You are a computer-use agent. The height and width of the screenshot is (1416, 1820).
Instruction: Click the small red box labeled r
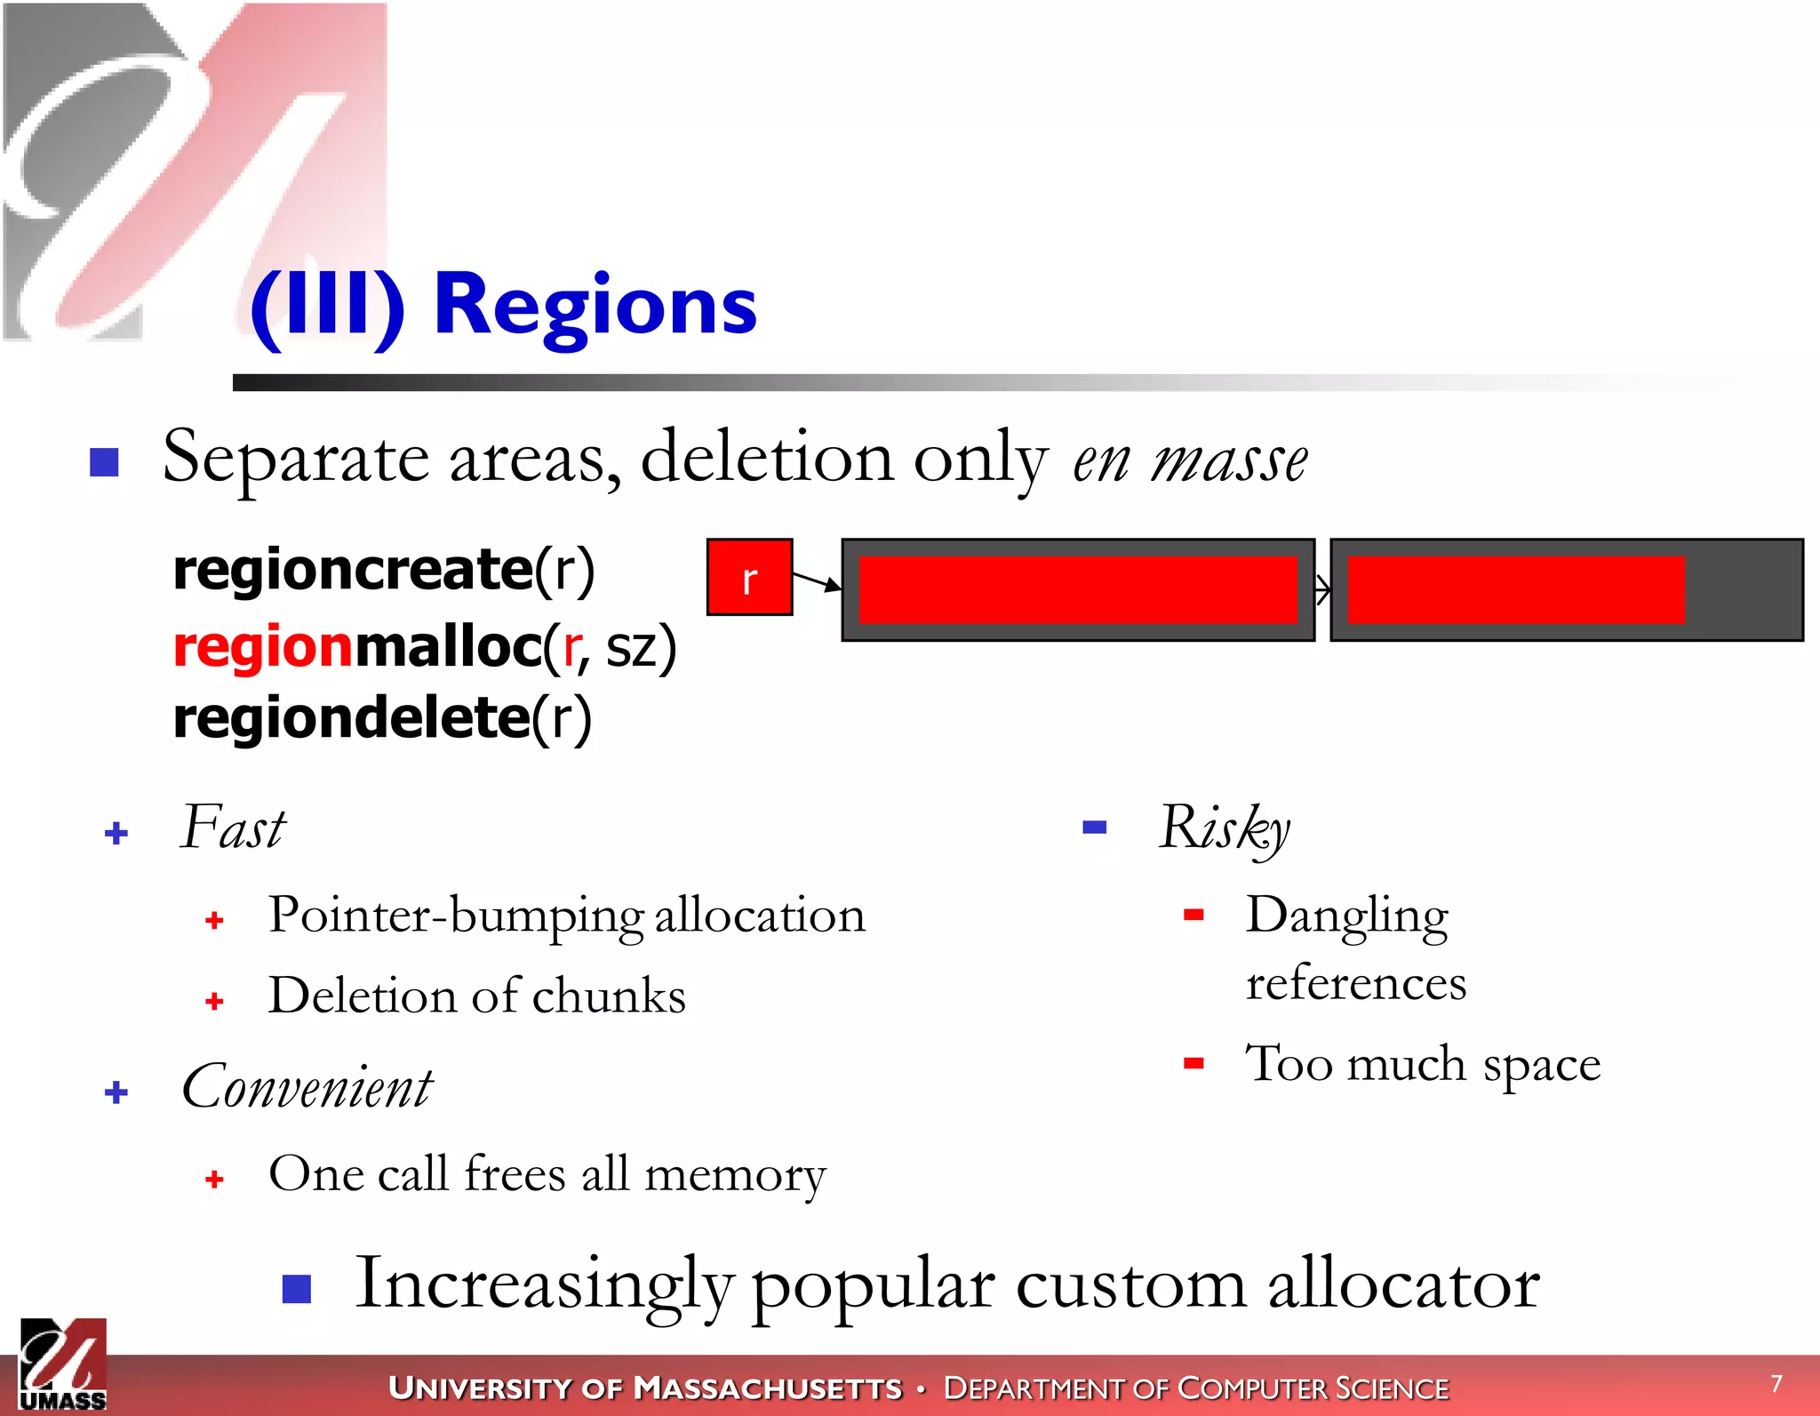tap(749, 578)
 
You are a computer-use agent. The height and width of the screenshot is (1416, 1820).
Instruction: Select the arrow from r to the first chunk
tap(816, 581)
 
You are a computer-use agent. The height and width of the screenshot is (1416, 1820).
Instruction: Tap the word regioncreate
tap(353, 570)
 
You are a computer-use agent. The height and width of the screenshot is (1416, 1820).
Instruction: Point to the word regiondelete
tap(352, 718)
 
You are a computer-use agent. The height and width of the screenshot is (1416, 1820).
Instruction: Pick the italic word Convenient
tap(307, 1087)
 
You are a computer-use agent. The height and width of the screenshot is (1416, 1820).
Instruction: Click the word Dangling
tap(1346, 916)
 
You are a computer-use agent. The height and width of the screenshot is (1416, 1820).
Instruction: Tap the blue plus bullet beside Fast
tap(116, 833)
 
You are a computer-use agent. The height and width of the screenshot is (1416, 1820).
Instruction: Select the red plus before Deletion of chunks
tap(214, 1002)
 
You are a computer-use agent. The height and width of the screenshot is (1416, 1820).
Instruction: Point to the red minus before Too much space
tap(1193, 1063)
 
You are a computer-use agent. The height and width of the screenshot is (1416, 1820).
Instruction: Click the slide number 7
tap(1776, 1383)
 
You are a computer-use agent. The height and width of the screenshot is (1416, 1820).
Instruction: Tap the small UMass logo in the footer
tap(62, 1365)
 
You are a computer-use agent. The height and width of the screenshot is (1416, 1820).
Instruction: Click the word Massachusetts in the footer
tap(768, 1388)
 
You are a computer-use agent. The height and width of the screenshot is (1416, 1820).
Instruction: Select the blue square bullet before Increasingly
tap(297, 1289)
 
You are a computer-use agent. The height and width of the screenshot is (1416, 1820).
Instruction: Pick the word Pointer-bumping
tap(456, 916)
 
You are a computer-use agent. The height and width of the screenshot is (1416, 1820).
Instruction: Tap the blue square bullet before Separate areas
tap(105, 461)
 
